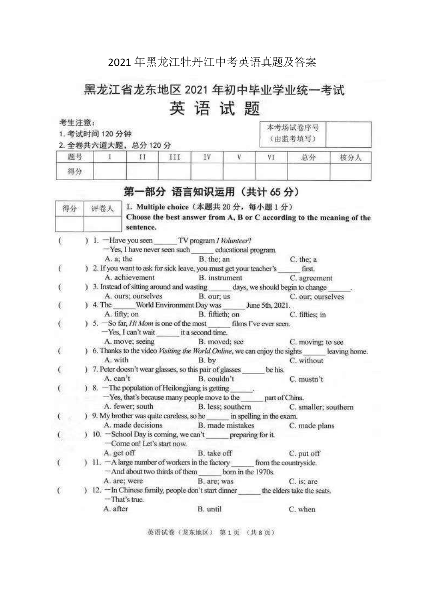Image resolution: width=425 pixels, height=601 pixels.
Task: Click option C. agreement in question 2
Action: (x=311, y=278)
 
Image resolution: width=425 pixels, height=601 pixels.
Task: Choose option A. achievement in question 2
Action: (x=130, y=277)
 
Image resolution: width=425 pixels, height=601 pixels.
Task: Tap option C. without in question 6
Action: (x=306, y=360)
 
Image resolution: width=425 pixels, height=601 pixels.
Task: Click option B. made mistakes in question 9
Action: (x=226, y=425)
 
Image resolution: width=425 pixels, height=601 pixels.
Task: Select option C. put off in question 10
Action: (x=304, y=453)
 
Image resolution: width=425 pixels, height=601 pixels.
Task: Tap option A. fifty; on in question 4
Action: (x=122, y=314)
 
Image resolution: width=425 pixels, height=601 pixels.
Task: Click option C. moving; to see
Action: (x=316, y=342)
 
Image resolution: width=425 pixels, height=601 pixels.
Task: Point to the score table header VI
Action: (x=271, y=158)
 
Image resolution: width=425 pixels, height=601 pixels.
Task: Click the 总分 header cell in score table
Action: (x=308, y=158)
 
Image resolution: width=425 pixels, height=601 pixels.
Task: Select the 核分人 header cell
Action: (x=350, y=158)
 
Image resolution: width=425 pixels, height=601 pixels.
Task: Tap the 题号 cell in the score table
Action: (x=74, y=157)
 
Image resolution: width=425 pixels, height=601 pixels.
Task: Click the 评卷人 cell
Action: (x=102, y=209)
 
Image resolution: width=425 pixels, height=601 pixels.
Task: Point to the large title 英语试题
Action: (x=214, y=108)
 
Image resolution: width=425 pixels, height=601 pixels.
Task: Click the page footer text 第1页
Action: (x=229, y=533)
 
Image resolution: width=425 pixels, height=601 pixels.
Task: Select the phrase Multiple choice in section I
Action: (x=162, y=207)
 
